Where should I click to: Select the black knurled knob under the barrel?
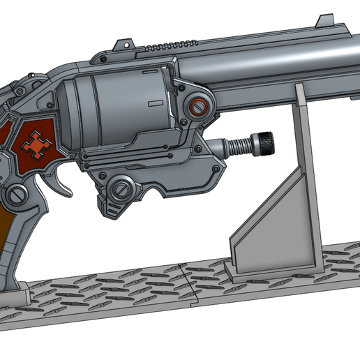[265, 143]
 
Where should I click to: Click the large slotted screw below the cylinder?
[122, 188]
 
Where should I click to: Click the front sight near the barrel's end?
[324, 20]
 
